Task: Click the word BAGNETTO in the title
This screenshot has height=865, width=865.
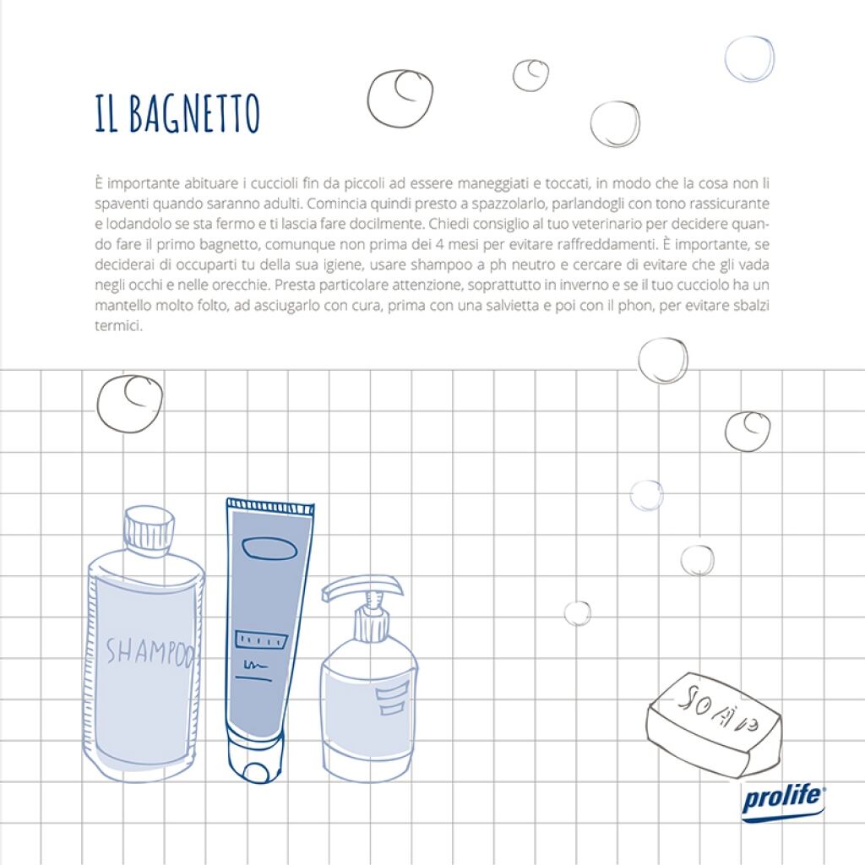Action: point(193,114)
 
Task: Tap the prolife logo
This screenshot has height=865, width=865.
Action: point(783,801)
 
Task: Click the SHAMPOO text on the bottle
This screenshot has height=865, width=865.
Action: point(149,651)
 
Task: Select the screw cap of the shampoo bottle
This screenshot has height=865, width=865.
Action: point(149,527)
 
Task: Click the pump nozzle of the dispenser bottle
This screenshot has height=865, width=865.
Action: point(362,588)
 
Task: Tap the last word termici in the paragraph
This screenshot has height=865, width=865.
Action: point(118,326)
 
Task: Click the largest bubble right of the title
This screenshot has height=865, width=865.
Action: point(400,98)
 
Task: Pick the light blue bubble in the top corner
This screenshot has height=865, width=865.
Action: point(749,59)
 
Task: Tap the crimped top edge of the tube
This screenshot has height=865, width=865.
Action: point(270,505)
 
